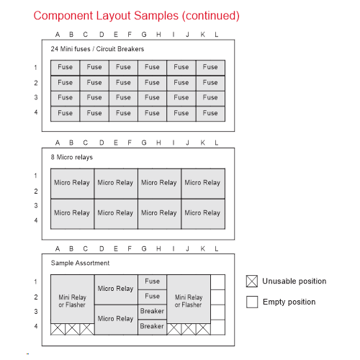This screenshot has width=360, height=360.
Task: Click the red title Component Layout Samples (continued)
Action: [x=136, y=16]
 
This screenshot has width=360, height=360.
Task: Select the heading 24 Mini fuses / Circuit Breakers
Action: [x=97, y=49]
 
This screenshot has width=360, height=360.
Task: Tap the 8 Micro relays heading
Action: [x=72, y=157]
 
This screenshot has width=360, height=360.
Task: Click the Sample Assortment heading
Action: [x=80, y=263]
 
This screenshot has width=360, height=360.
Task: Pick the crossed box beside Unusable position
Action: [x=252, y=282]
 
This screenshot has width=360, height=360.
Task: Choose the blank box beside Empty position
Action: [x=252, y=302]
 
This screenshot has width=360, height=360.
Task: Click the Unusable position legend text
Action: [x=294, y=281]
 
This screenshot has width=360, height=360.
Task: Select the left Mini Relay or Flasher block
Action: [x=73, y=299]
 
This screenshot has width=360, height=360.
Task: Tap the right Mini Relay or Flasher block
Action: [x=189, y=299]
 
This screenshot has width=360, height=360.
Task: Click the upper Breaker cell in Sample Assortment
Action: [x=152, y=312]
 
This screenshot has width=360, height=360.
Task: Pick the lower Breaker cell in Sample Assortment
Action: [x=152, y=327]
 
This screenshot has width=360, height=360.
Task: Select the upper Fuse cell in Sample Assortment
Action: [x=152, y=282]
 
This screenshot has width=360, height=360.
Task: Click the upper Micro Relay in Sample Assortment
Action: [x=116, y=289]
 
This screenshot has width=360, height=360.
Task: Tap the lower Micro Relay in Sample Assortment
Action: [x=116, y=320]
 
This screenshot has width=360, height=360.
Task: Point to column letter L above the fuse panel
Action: [x=217, y=35]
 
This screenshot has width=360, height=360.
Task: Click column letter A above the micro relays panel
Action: [x=58, y=143]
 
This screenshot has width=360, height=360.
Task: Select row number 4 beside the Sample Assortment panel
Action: [x=36, y=326]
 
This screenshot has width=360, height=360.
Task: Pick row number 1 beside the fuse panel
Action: [x=36, y=68]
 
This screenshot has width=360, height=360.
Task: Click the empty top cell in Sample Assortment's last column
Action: [x=218, y=282]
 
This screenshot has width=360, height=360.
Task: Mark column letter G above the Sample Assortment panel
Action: [x=144, y=248]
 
